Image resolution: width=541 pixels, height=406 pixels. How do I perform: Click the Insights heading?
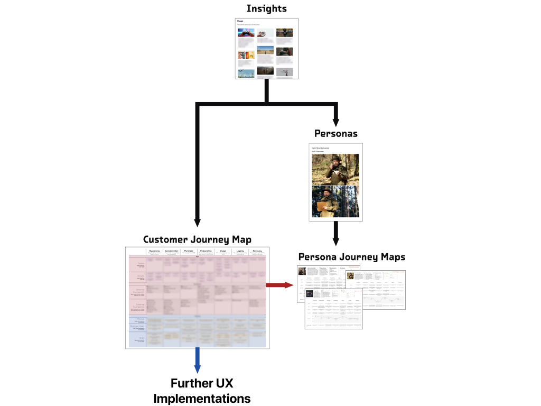(266, 9)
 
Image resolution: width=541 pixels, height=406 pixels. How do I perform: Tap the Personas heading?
(335, 133)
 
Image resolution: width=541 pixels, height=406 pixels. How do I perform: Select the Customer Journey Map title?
(198, 239)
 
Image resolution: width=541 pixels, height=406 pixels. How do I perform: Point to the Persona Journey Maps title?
(352, 257)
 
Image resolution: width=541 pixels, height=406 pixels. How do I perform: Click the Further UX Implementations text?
(202, 391)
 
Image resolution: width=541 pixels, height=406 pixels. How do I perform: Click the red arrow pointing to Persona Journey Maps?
(279, 285)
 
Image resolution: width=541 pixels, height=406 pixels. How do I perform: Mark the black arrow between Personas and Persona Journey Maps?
(335, 233)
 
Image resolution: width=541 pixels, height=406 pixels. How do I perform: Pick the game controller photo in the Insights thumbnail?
(246, 33)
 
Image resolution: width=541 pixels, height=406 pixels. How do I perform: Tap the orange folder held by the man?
(322, 206)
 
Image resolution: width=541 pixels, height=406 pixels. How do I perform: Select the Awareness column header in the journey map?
(154, 251)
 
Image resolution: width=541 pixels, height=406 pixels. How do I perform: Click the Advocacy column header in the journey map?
(257, 251)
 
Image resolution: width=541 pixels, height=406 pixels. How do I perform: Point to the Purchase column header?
(189, 251)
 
